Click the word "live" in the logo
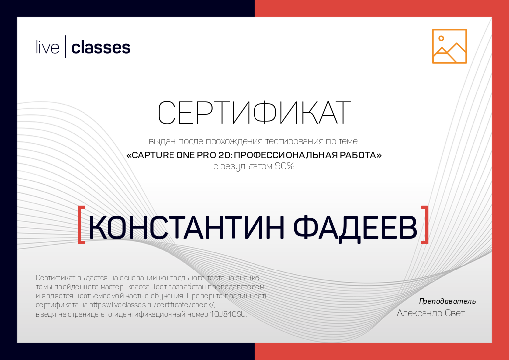[x=47, y=48]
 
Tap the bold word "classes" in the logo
[x=101, y=48]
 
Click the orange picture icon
[x=449, y=46]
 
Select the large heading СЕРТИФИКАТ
[x=254, y=113]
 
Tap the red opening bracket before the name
[x=82, y=225]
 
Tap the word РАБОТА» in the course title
[x=363, y=155]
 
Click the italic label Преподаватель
[x=447, y=301]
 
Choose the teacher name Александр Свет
[x=430, y=313]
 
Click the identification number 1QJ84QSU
[x=228, y=315]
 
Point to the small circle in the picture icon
[x=441, y=38]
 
